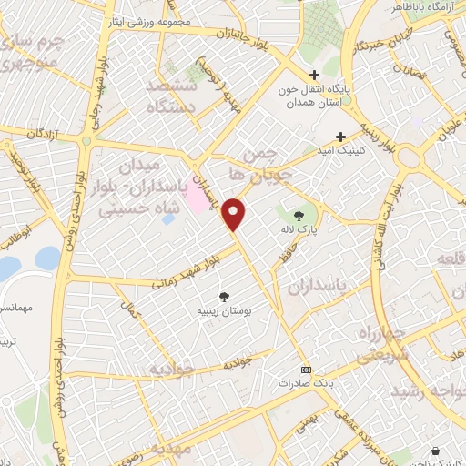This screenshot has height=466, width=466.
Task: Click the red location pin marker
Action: click(x=235, y=214)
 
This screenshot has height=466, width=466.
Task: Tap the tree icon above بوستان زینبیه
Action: click(x=224, y=296)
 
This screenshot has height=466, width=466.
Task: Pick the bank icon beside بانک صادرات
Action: click(x=306, y=370)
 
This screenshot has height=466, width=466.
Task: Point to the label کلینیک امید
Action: click(x=353, y=149)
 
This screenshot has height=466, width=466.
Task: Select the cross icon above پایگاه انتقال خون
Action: click(x=314, y=76)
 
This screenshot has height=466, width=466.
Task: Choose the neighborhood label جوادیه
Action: click(x=172, y=370)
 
